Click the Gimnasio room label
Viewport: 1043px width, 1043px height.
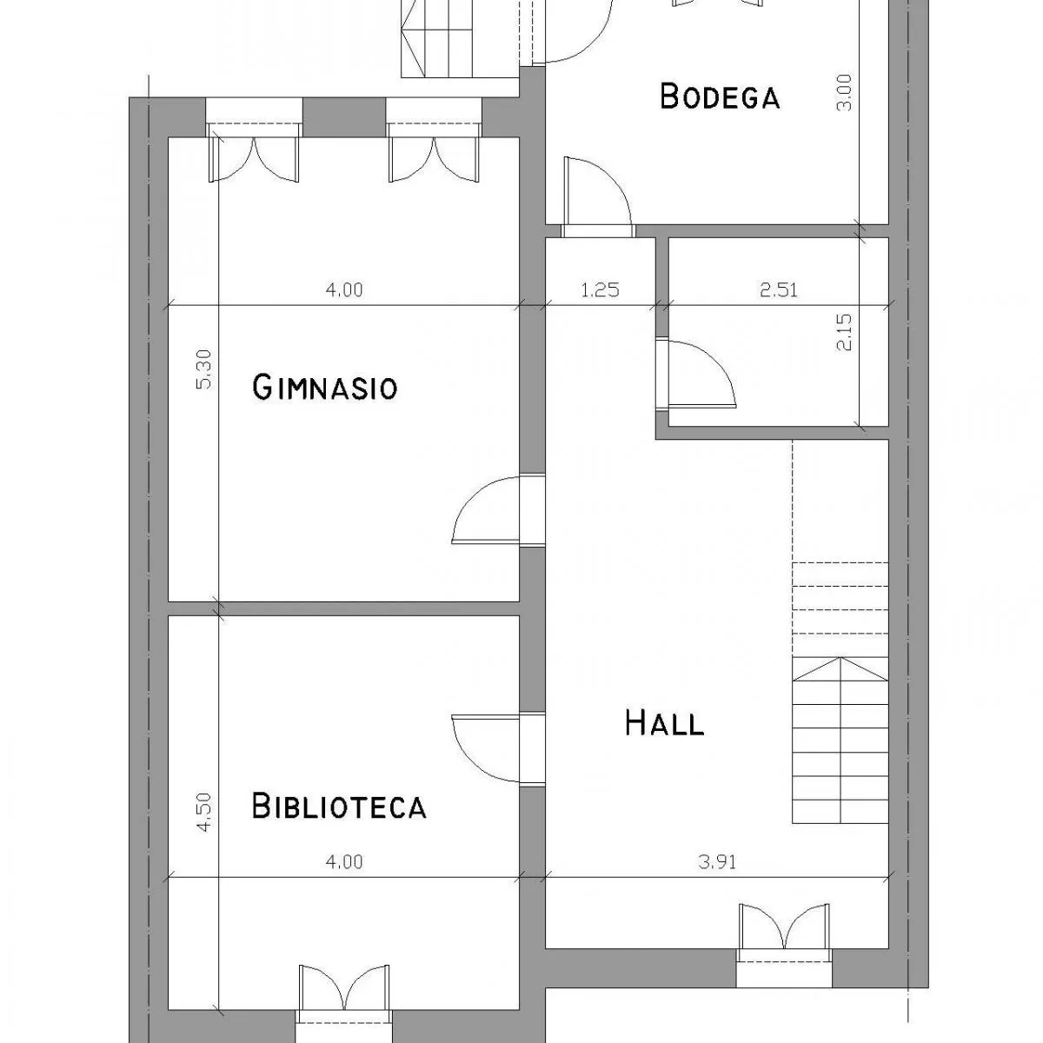[x=325, y=387]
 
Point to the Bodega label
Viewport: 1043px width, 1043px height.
[x=720, y=96]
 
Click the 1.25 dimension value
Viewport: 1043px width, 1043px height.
[x=600, y=290]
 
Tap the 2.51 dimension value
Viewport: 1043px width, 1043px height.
[x=778, y=290]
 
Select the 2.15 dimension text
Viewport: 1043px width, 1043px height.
[x=844, y=332]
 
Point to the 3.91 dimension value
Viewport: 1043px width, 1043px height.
[x=717, y=861]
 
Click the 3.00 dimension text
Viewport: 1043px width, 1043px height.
[x=844, y=92]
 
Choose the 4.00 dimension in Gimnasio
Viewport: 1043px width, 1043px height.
[x=344, y=289]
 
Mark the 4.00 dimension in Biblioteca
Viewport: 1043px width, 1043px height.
[x=344, y=861]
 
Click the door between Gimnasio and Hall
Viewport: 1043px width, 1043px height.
[x=498, y=509]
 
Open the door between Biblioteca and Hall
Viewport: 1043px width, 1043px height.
[x=498, y=748]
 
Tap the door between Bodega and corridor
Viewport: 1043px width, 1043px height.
[x=597, y=197]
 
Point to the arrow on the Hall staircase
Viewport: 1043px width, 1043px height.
[x=840, y=668]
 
